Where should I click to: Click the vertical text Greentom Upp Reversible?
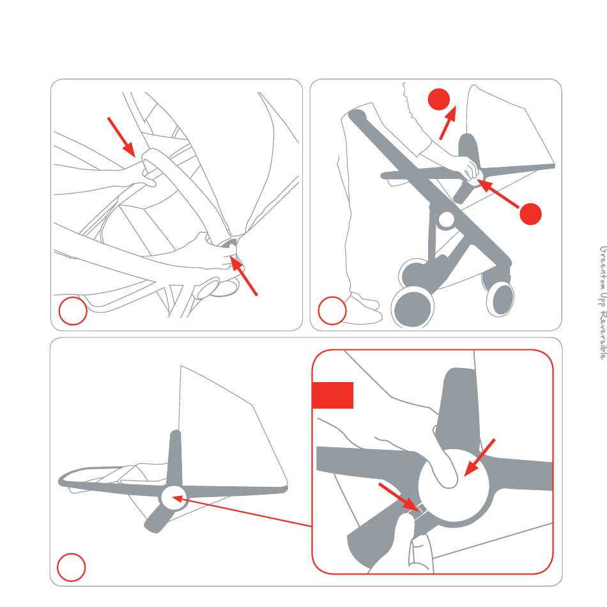603,303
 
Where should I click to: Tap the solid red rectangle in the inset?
332,396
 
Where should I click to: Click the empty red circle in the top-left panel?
73,311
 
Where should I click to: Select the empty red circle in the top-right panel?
332,311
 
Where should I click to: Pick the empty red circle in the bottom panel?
71,567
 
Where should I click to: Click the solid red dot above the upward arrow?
438,99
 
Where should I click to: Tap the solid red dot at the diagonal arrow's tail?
530,213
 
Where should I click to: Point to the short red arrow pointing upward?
448,122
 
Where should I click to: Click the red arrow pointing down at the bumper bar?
121,137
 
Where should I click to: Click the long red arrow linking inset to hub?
242,511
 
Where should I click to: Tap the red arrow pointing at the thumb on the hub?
480,457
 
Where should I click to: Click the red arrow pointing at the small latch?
399,496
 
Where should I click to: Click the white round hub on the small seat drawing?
173,498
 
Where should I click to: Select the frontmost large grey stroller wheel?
413,307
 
